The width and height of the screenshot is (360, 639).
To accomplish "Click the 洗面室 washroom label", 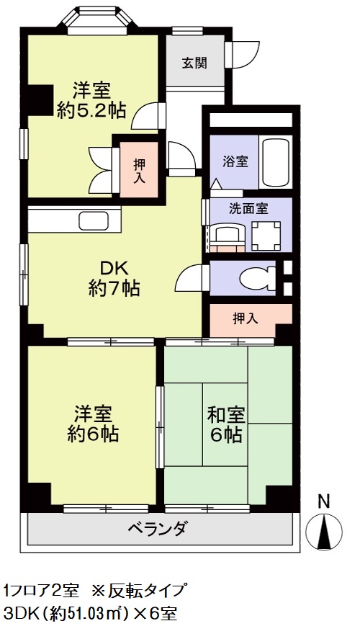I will coord(248,209).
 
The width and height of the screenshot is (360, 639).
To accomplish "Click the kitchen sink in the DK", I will coord(93,220).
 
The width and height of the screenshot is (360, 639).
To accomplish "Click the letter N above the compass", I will coord(324,501).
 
